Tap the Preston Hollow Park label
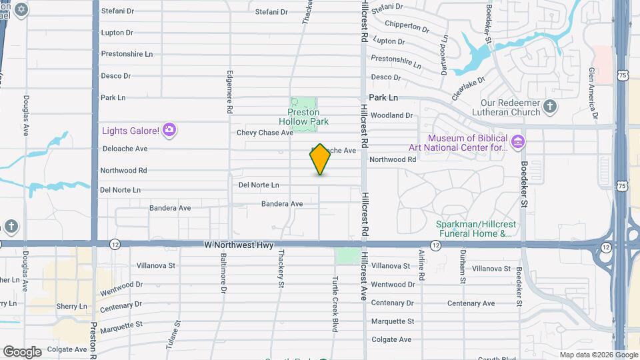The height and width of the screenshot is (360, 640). [303, 117]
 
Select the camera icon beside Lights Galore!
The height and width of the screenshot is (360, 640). [169, 130]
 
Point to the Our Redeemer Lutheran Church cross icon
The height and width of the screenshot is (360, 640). [550, 107]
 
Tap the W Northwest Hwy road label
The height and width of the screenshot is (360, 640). [239, 245]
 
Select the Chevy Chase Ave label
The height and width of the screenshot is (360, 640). [265, 133]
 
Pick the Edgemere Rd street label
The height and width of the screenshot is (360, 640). [229, 91]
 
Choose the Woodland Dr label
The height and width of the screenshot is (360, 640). [391, 115]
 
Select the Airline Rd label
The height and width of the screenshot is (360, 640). [421, 266]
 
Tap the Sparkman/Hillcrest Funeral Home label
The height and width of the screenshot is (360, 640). [473, 229]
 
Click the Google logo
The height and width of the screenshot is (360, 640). [22, 352]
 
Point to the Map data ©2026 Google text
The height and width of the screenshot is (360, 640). [598, 355]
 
